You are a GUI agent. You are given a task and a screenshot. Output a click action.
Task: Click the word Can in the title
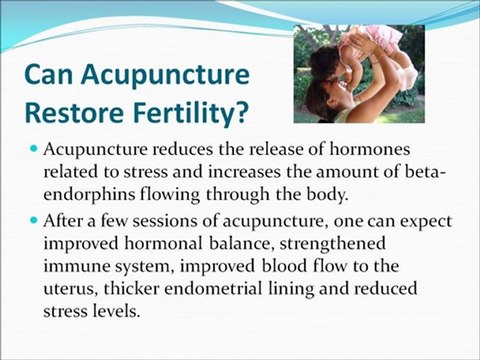pyautogui.click(x=49, y=75)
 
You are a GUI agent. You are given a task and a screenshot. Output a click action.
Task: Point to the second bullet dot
pyautogui.click(x=33, y=220)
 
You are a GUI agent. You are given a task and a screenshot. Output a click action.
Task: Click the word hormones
pyautogui.click(x=370, y=149)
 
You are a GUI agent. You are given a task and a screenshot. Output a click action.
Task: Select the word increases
pyautogui.click(x=243, y=172)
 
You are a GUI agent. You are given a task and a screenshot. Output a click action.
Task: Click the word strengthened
pyautogui.click(x=332, y=245)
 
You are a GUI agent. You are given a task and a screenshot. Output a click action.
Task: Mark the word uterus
pyautogui.click(x=71, y=289)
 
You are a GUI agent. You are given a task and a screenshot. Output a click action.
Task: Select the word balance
pyautogui.click(x=239, y=244)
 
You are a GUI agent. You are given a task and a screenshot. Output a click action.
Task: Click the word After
pyautogui.click(x=63, y=221)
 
